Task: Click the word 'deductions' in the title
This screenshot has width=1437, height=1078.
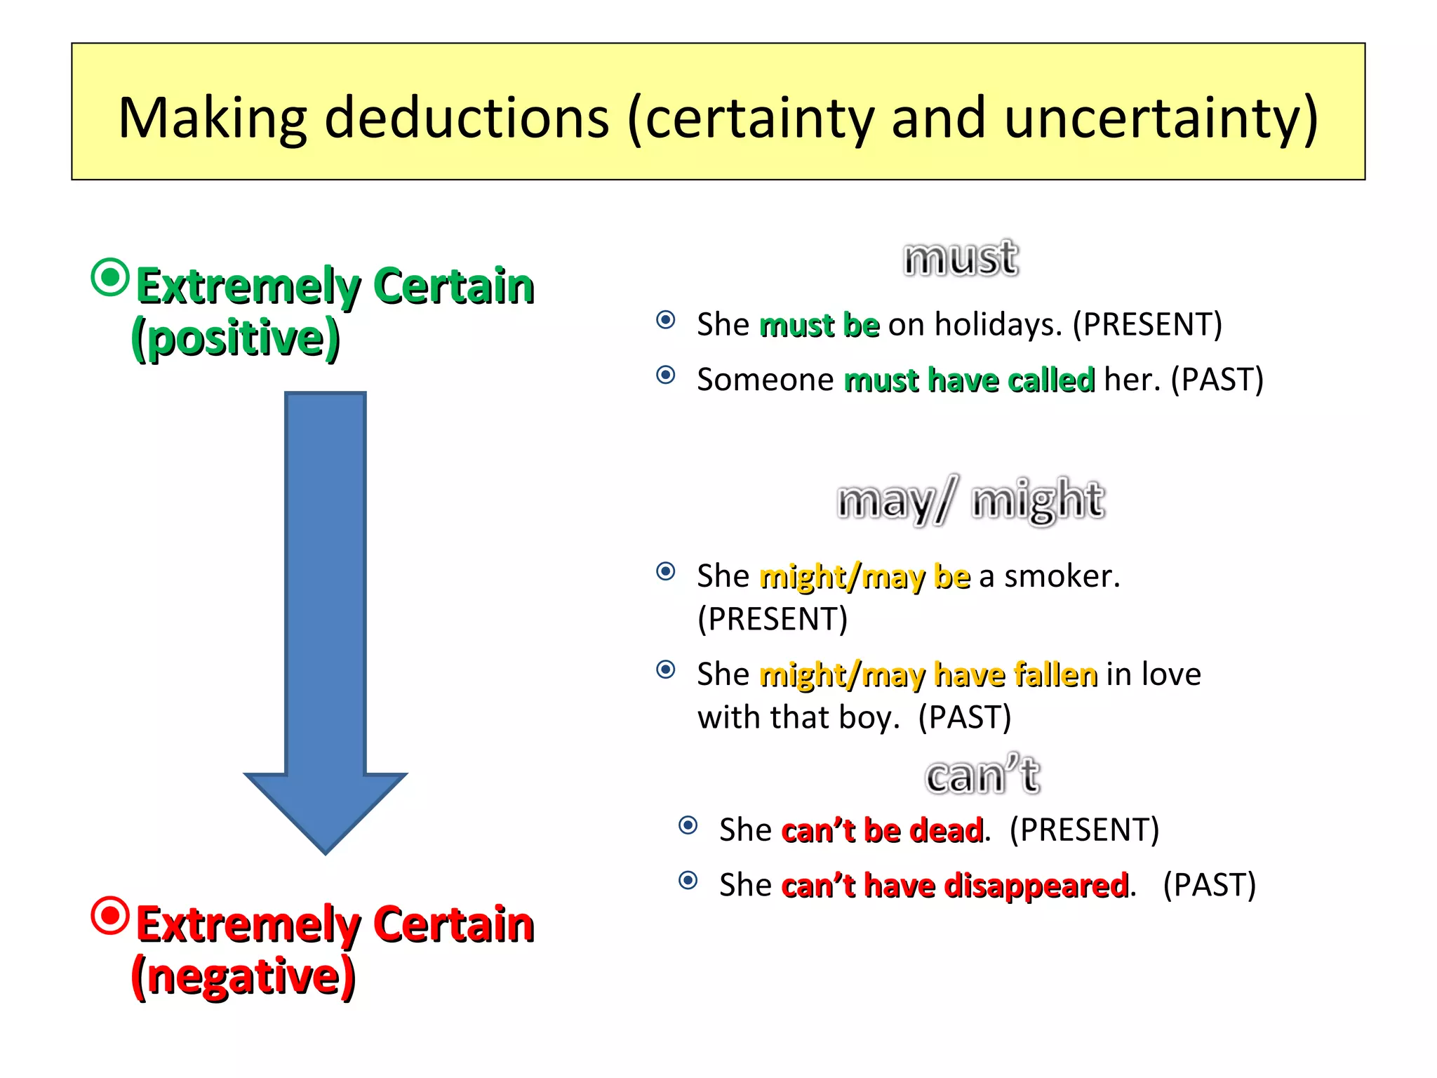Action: pos(467,118)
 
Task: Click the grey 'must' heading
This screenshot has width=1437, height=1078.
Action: pos(961,258)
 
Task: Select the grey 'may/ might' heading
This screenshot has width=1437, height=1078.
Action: pos(971,500)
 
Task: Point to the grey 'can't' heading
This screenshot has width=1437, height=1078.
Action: pos(982,775)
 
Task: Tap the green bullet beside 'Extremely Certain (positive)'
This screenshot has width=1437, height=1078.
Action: pos(111,277)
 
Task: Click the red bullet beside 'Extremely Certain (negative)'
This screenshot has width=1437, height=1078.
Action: pos(111,915)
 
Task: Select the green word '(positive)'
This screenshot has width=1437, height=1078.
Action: pos(236,338)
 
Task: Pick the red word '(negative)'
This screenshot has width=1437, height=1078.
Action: pos(243,976)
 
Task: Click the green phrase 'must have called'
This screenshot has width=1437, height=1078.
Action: pos(969,380)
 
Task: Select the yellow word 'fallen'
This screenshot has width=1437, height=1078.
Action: pos(1055,674)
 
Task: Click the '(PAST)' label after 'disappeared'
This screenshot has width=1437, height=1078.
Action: pos(1209,885)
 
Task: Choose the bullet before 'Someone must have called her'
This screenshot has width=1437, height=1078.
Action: pos(666,375)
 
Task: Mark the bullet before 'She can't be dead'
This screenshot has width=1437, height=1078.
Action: pos(688,825)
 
